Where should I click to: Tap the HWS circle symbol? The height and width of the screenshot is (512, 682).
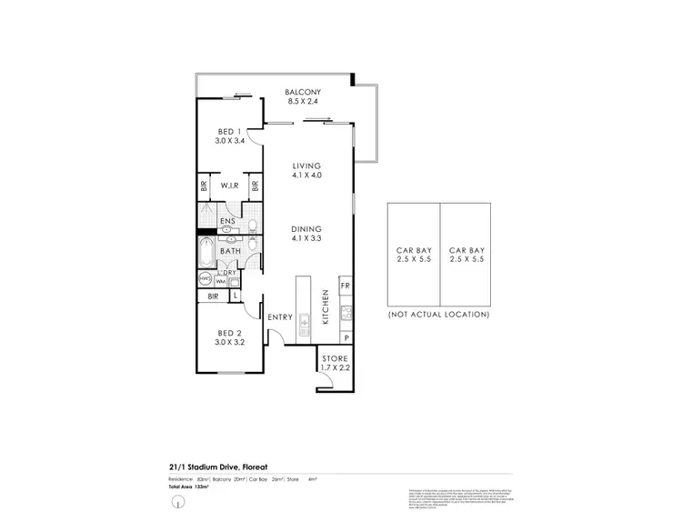[206, 278]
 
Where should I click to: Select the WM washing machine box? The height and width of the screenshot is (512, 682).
[220, 282]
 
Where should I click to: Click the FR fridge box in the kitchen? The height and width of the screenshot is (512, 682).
[346, 286]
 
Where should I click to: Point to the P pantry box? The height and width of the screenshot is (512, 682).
[346, 338]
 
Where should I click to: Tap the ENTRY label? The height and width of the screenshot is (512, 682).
[280, 316]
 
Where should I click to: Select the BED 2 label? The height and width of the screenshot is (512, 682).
[228, 337]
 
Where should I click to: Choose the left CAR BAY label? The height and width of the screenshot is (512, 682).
[413, 253]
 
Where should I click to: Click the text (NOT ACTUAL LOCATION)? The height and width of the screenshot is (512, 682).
[438, 314]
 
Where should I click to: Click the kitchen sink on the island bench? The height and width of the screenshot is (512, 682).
[305, 318]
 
